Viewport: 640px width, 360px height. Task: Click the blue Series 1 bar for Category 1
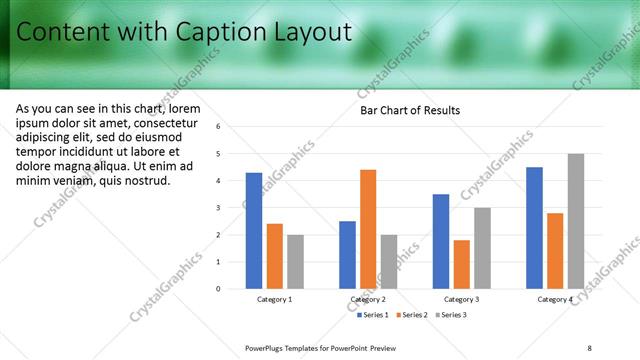pos(254,231)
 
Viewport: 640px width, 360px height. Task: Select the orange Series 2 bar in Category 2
pos(368,229)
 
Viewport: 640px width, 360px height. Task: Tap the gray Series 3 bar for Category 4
pos(575,221)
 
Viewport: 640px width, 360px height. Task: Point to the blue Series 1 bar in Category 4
pos(534,228)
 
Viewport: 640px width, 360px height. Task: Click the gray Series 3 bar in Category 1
pos(295,262)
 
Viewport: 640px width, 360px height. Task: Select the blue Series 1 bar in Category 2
pos(347,255)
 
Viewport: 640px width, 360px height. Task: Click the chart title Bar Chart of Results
pos(410,110)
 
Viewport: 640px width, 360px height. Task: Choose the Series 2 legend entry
pos(414,315)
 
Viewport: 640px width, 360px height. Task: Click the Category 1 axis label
pos(274,299)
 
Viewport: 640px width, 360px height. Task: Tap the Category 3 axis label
pos(461,299)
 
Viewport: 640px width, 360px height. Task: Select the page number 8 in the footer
pos(590,347)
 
